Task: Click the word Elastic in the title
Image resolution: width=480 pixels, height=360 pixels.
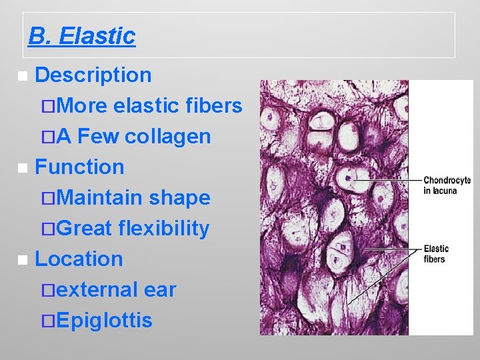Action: pyautogui.click(x=97, y=36)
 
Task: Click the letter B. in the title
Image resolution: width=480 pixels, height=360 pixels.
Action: pyautogui.click(x=40, y=36)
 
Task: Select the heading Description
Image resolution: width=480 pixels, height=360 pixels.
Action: pyautogui.click(x=93, y=75)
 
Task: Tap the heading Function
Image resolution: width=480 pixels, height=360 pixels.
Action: pyautogui.click(x=79, y=167)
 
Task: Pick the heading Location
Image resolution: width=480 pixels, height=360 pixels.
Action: pyautogui.click(x=79, y=259)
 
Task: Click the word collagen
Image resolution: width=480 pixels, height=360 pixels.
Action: pyautogui.click(x=168, y=137)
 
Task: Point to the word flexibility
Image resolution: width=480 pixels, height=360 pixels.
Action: pyautogui.click(x=163, y=229)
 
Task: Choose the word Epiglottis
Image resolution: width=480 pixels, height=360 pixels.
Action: pyautogui.click(x=105, y=321)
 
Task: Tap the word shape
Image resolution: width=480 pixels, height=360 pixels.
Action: pyautogui.click(x=180, y=198)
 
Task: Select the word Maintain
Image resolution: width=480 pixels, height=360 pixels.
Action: pyautogui.click(x=100, y=198)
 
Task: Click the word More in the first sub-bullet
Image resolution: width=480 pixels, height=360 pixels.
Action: pyautogui.click(x=84, y=106)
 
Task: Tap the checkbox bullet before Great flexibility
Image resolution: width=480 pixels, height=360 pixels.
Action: pyautogui.click(x=47, y=229)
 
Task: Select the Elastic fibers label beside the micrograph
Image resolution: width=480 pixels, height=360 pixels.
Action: pyautogui.click(x=436, y=253)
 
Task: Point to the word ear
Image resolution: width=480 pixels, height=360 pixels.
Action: pyautogui.click(x=160, y=290)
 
